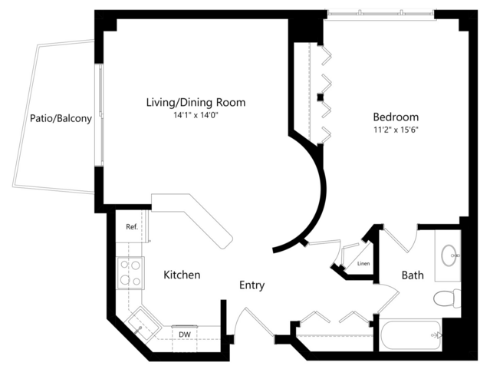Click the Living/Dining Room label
(196, 103)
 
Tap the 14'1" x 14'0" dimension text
(196, 115)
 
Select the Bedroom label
(396, 117)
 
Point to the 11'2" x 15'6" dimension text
(396, 130)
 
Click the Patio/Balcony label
(61, 118)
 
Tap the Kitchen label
(182, 275)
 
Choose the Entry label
(252, 285)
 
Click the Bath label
(413, 275)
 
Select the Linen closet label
(363, 264)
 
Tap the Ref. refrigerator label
(132, 227)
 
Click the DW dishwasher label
(185, 334)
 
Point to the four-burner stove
(130, 273)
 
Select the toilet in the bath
(447, 298)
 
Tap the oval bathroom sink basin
(449, 255)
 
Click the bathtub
(410, 335)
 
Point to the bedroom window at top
(380, 14)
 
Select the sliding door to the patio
(100, 115)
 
